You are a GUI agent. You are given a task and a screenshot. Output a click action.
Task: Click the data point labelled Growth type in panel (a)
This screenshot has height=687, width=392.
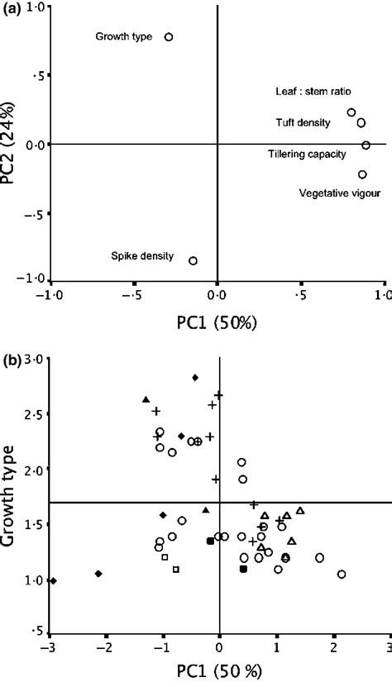point(169,37)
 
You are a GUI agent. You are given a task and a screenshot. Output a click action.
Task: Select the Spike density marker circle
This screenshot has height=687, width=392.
point(193,260)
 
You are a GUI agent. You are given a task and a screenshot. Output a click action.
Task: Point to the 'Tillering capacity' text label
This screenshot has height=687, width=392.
point(301,154)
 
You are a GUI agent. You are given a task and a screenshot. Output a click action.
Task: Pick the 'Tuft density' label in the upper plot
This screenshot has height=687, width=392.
point(303,123)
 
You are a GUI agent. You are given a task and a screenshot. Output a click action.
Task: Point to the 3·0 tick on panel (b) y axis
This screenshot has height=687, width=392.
point(35,359)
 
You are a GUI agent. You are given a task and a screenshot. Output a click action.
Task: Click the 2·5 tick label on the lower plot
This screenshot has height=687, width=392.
point(35,414)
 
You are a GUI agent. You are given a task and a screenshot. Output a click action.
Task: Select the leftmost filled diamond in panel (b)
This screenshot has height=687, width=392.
point(54,581)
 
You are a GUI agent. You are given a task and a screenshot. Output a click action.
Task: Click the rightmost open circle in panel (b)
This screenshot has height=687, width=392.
point(341,574)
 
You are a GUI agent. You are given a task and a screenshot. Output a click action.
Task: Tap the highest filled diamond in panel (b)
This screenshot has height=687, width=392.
point(195,377)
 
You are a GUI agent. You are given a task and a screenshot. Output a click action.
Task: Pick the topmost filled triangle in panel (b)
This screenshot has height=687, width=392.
point(146,399)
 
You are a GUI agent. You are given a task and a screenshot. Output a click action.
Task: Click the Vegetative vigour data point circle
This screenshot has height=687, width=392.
point(362,174)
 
